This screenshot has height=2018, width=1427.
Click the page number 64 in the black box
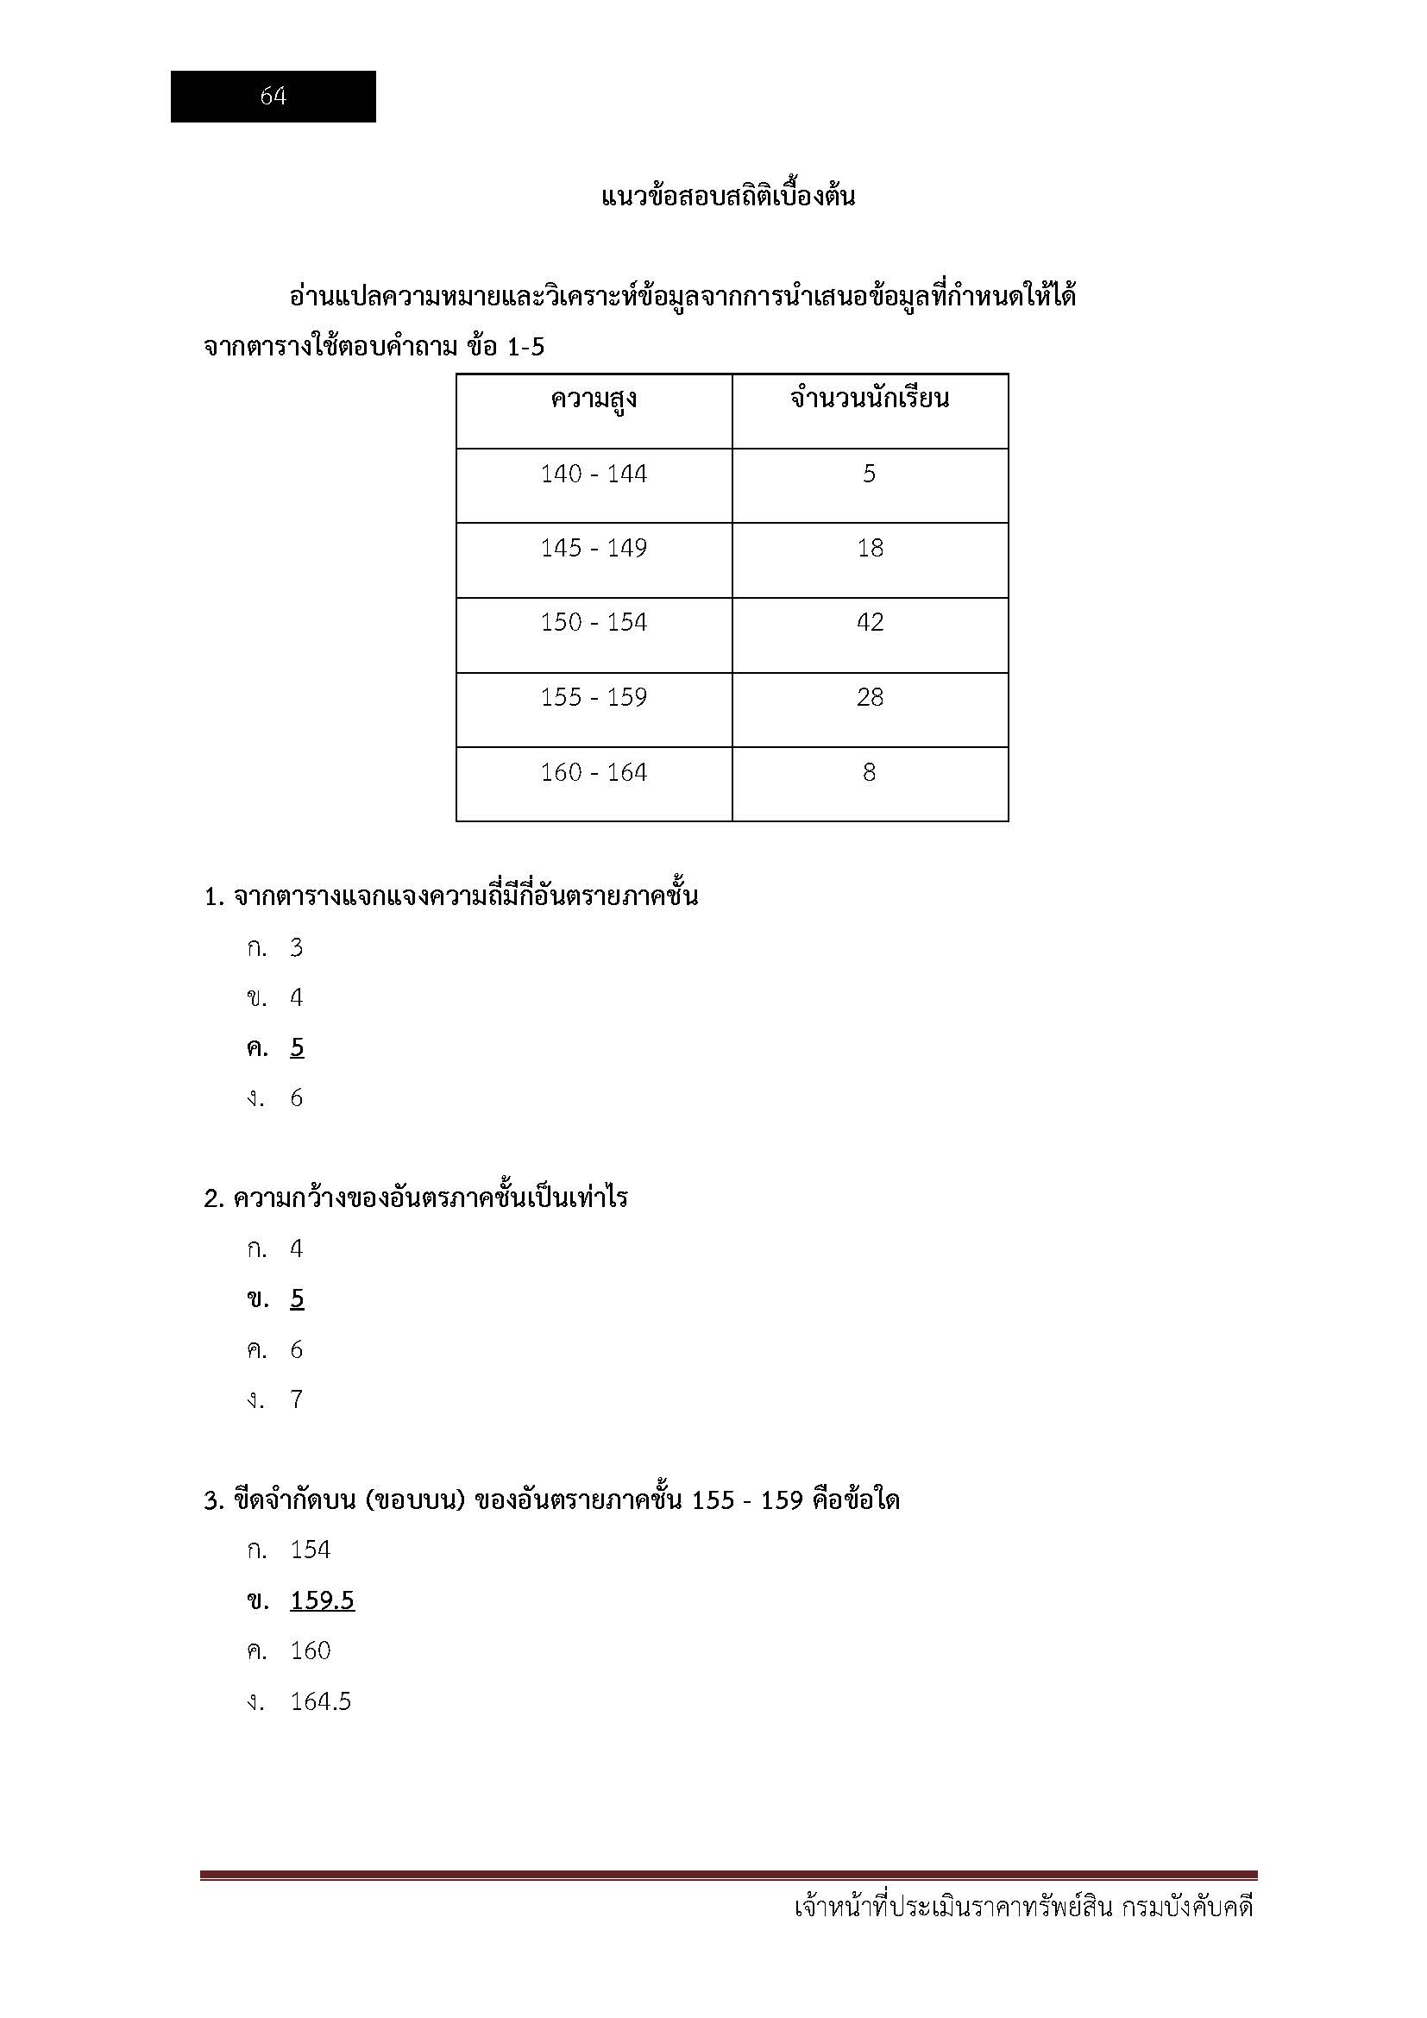pos(273,96)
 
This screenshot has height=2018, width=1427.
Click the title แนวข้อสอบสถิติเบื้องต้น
pos(727,196)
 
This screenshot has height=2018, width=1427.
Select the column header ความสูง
pos(593,400)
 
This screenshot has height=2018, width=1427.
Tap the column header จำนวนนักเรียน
pos(869,399)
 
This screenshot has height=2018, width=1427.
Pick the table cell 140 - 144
pos(593,475)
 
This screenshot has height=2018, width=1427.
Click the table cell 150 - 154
pos(593,623)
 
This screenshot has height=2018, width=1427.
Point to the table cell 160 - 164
pos(593,772)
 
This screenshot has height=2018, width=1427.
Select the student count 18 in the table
pos(869,549)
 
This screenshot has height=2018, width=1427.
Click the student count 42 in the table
pos(869,623)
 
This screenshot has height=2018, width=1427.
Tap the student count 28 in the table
pos(869,698)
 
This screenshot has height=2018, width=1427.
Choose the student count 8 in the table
pos(869,772)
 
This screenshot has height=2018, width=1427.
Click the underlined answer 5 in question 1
pos(297,1047)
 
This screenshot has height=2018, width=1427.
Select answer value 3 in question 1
pos(297,947)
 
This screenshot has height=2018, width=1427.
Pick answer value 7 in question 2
pos(297,1399)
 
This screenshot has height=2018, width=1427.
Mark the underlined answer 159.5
pos(322,1600)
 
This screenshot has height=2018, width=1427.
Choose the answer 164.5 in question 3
pos(321,1701)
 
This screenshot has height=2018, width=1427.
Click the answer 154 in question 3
pos(311,1550)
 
